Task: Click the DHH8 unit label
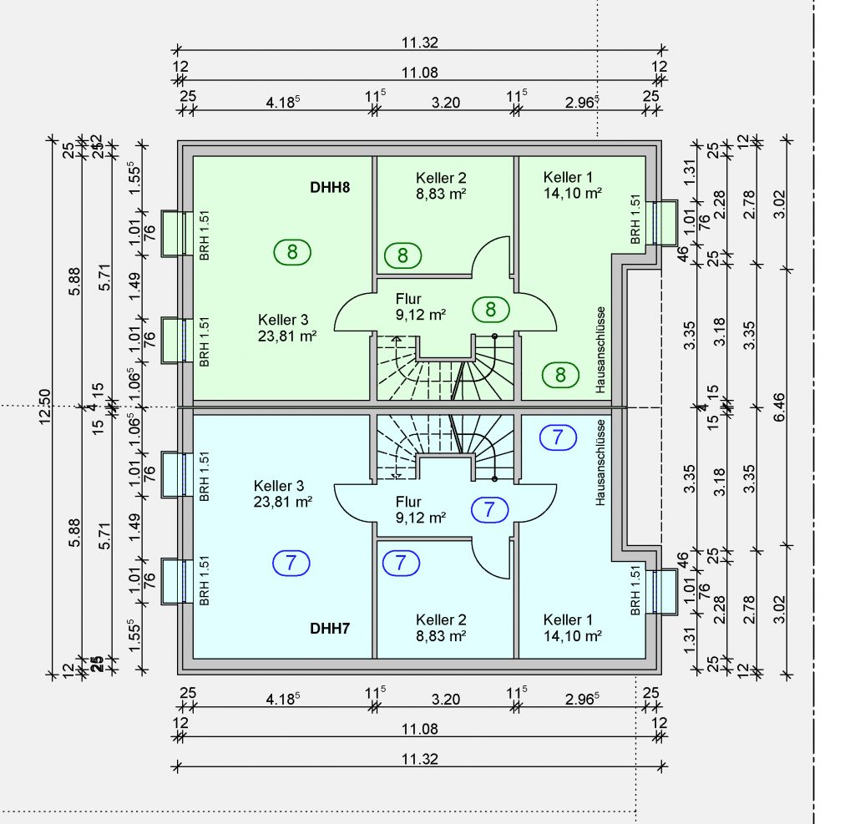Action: [x=330, y=187]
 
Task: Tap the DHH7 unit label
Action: [x=330, y=628]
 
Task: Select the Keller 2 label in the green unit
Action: [x=441, y=185]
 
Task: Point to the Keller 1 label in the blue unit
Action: [x=573, y=628]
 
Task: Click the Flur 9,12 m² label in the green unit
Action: [x=420, y=306]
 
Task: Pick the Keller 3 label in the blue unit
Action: [x=283, y=493]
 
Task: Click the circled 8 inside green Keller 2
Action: [x=402, y=255]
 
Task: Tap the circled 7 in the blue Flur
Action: [x=490, y=508]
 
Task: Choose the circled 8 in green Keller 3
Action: [x=291, y=250]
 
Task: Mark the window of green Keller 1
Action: [x=665, y=223]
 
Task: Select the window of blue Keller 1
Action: [x=665, y=592]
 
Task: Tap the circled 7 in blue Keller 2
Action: [x=402, y=563]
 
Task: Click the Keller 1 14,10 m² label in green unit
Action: [x=573, y=185]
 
